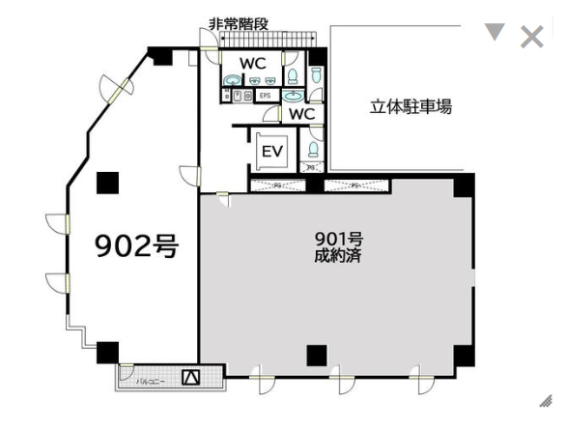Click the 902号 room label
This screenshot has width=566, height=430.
click(136, 246)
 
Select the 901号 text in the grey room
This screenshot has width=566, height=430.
click(337, 239)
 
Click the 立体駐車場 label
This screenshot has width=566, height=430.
click(410, 106)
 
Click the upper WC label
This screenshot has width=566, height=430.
click(253, 63)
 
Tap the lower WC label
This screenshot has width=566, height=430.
click(302, 114)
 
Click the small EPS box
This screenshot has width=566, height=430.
click(264, 96)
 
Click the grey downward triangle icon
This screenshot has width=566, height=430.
click(495, 33)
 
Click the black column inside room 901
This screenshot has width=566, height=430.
click(317, 355)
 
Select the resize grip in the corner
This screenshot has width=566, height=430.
click(546, 400)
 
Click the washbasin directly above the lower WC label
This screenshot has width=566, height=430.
click(293, 96)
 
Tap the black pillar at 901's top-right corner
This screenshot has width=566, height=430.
click(465, 185)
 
